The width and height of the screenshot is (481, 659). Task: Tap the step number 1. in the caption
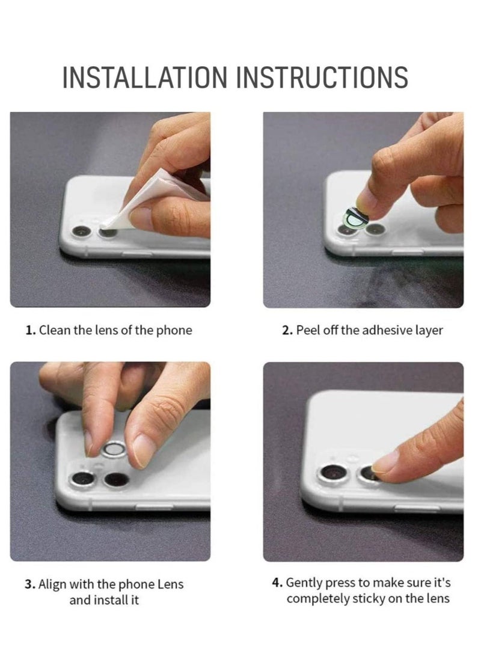31,330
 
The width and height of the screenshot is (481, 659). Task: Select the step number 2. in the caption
287,330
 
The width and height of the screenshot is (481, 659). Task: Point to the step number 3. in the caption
30,584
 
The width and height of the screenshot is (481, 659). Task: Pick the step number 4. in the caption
277,583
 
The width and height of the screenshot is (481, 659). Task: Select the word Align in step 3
52,584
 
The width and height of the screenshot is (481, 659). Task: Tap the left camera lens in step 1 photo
81,231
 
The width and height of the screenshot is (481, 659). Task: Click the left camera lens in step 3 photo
82,479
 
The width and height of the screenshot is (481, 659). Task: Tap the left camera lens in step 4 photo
331,473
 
